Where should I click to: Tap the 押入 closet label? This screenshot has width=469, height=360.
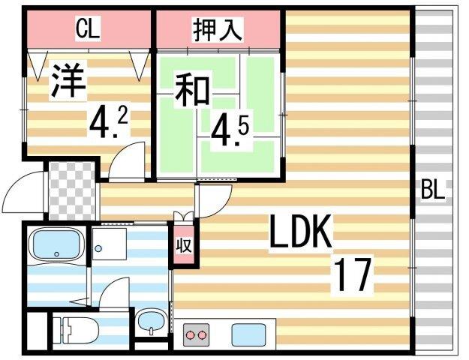pyautogui.click(x=218, y=30)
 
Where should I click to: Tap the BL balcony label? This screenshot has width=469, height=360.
pyautogui.click(x=433, y=190)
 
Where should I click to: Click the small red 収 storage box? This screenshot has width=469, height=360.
pyautogui.click(x=182, y=246)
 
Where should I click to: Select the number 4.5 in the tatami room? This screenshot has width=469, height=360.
pyautogui.click(x=230, y=131)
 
